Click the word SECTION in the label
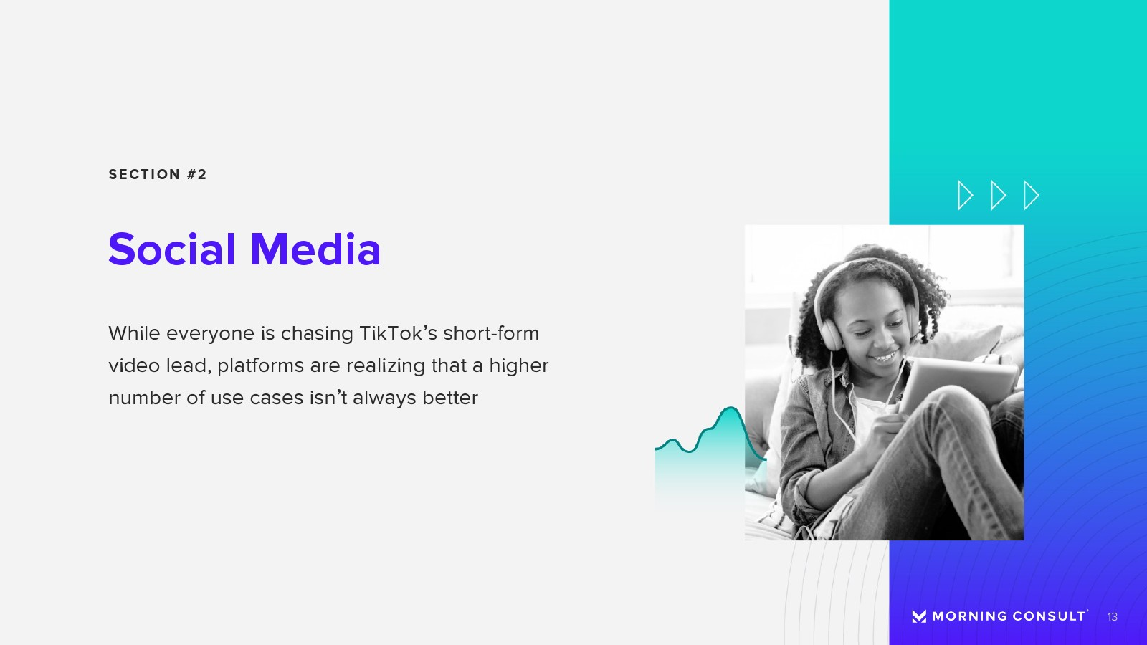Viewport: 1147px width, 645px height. [x=144, y=175]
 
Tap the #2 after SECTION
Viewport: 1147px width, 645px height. [x=196, y=175]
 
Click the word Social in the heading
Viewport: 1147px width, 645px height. [x=171, y=249]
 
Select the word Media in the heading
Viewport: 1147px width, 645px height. [x=315, y=249]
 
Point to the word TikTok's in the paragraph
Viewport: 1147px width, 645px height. [x=398, y=333]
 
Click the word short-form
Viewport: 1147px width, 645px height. [x=491, y=333]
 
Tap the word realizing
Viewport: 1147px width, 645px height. [x=386, y=366]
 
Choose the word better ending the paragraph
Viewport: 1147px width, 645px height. [x=450, y=398]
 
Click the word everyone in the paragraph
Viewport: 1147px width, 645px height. [x=210, y=334]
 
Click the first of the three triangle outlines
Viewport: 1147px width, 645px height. [x=965, y=195]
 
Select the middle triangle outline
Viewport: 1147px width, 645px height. [x=998, y=195]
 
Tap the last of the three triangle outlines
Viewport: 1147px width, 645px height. [x=1031, y=195]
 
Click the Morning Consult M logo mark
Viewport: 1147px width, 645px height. [x=919, y=616]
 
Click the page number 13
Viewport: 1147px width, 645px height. [x=1112, y=617]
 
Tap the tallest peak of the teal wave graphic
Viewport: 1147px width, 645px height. [x=730, y=408]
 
